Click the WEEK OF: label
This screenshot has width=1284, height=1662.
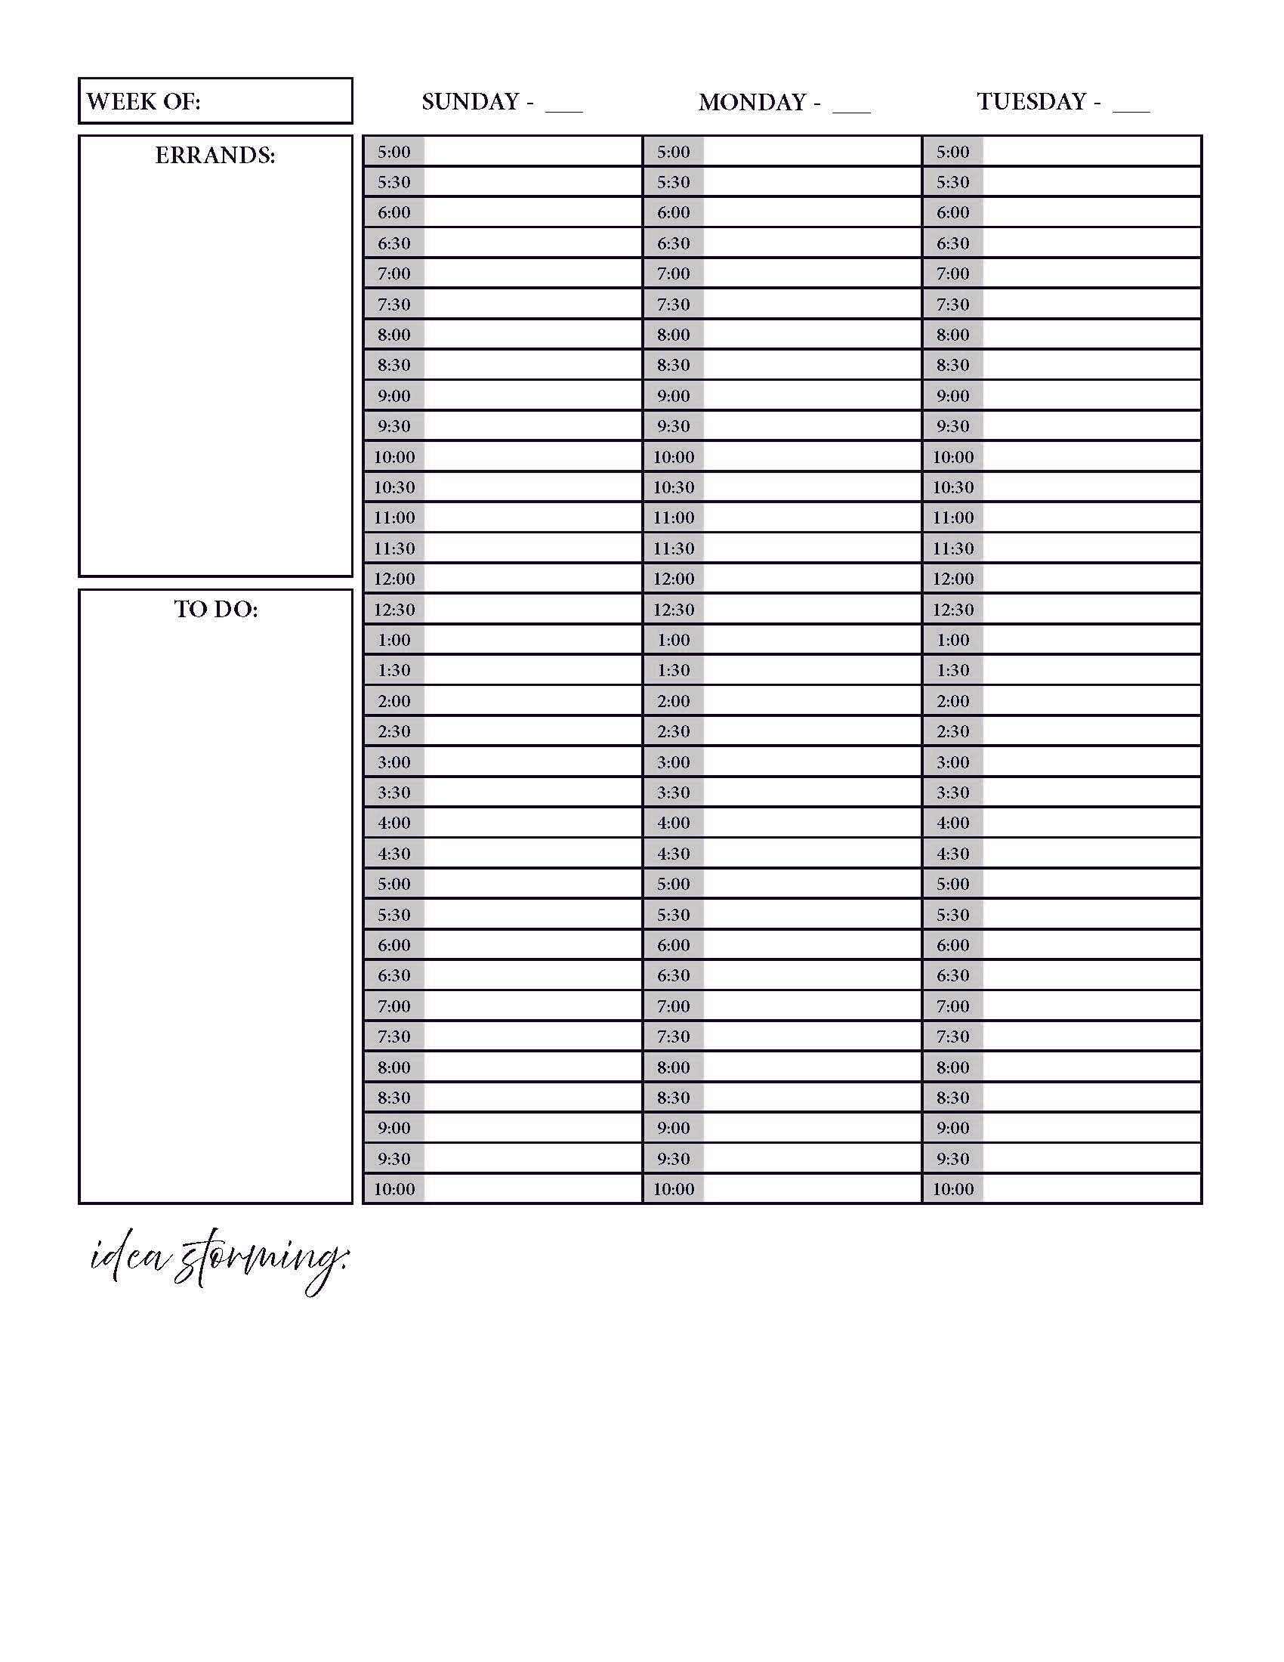pos(143,101)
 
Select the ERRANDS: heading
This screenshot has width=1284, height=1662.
pos(215,155)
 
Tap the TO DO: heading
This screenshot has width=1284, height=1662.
pos(216,609)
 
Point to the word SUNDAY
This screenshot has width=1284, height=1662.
pos(470,101)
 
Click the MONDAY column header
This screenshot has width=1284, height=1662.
pos(752,102)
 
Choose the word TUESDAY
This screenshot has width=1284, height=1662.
pos(1032,101)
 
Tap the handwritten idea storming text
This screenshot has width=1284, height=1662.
pos(218,1259)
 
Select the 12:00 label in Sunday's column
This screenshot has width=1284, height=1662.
pos(394,579)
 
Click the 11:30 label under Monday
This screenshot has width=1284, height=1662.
pos(673,548)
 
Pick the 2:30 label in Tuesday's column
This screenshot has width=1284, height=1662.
pos(952,731)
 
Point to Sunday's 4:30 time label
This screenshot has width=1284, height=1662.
pos(394,853)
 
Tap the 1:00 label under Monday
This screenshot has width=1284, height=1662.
pos(673,640)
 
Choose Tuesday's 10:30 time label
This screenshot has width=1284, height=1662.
pos(952,487)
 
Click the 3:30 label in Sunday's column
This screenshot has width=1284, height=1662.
pos(394,792)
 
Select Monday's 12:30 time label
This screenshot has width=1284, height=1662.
pos(673,610)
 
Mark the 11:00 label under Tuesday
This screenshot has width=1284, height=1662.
pos(952,517)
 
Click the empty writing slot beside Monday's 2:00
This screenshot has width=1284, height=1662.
pos(812,701)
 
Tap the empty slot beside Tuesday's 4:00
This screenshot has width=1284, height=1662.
pos(1091,823)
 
